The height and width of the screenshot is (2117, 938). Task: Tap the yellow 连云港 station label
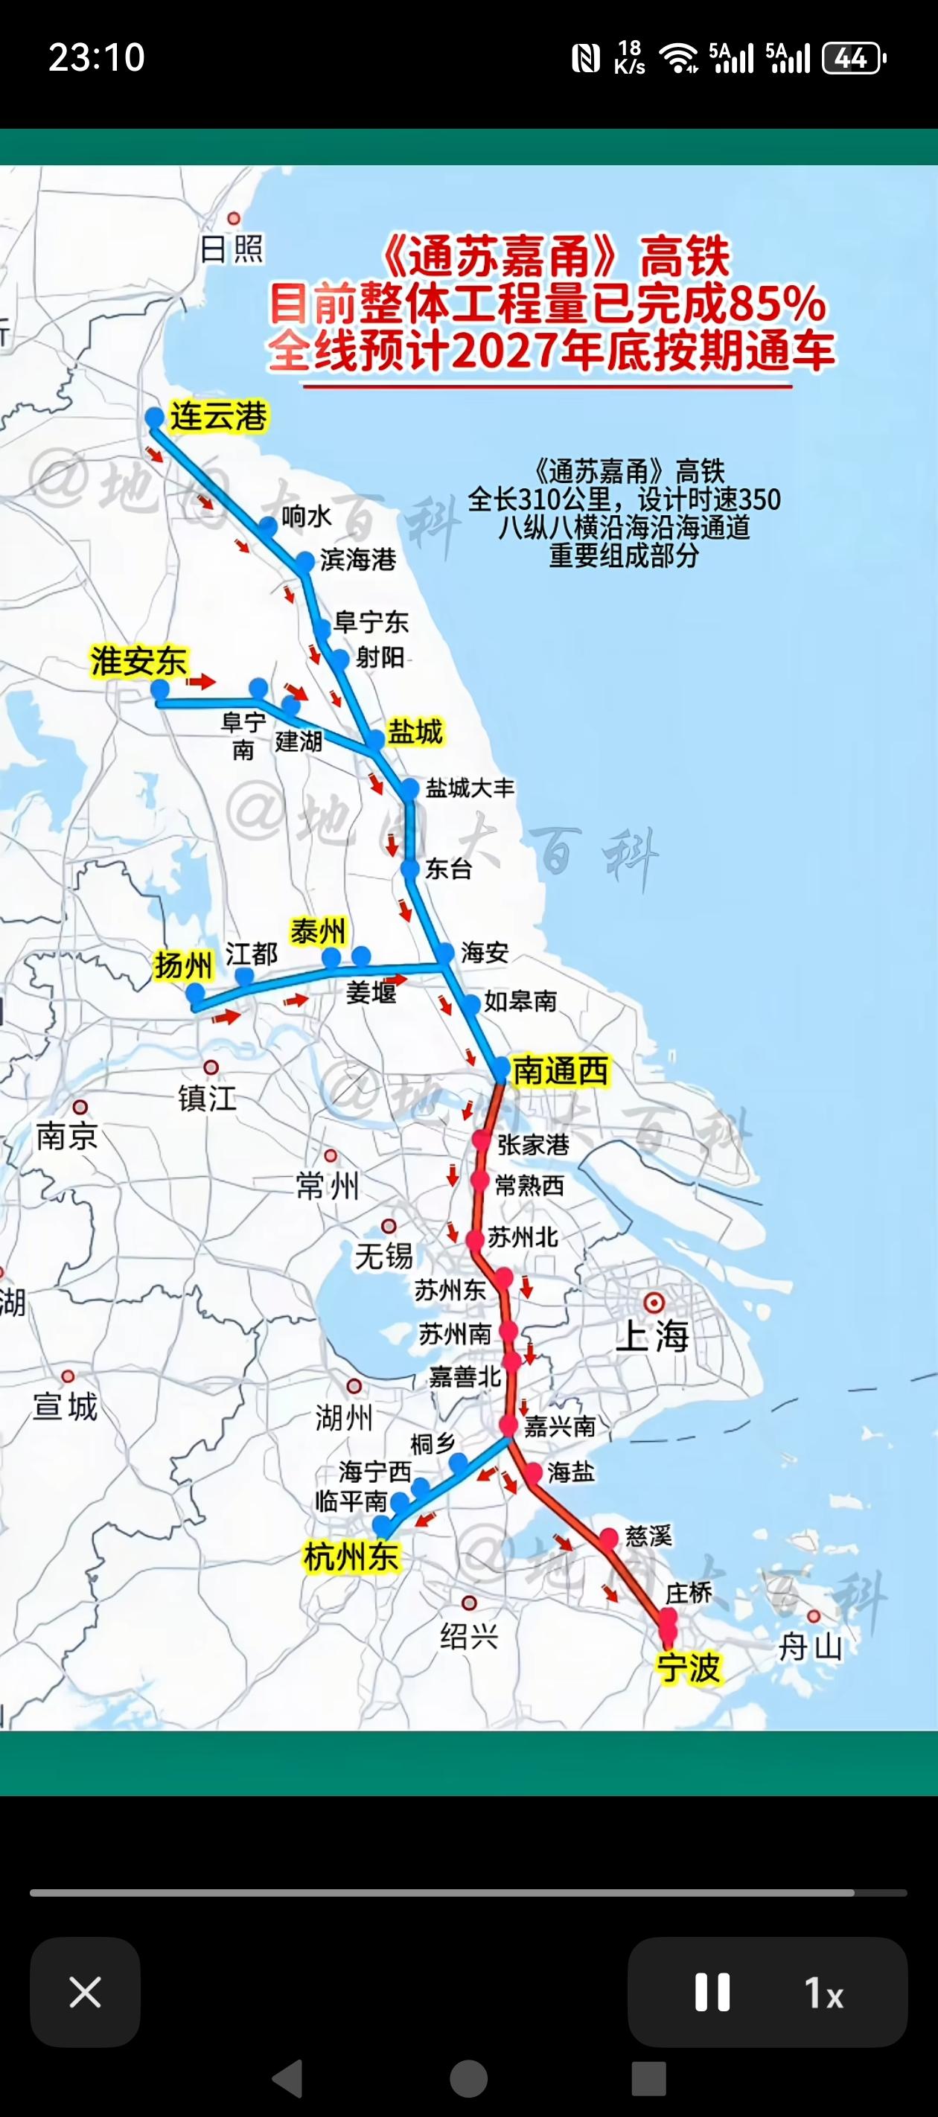pyautogui.click(x=218, y=416)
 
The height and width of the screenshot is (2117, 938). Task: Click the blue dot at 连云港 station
pyautogui.click(x=155, y=418)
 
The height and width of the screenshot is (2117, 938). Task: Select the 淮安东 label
pyautogui.click(x=139, y=661)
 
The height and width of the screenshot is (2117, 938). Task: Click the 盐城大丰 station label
pyautogui.click(x=470, y=788)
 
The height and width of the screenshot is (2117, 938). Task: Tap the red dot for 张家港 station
pyautogui.click(x=482, y=1140)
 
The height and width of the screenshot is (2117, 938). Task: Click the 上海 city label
pyautogui.click(x=653, y=1335)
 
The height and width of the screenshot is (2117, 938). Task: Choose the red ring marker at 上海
pyautogui.click(x=654, y=1302)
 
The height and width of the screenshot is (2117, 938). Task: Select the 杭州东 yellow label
pyautogui.click(x=351, y=1556)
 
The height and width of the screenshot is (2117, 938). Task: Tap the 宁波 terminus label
pyautogui.click(x=689, y=1667)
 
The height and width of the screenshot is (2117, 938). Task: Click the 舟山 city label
pyautogui.click(x=810, y=1647)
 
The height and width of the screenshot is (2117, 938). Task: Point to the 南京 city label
pyautogui.click(x=66, y=1137)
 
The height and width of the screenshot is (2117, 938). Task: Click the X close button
pyautogui.click(x=85, y=1992)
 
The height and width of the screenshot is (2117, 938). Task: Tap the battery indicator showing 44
pyautogui.click(x=853, y=58)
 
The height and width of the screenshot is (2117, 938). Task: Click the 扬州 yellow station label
pyautogui.click(x=182, y=965)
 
